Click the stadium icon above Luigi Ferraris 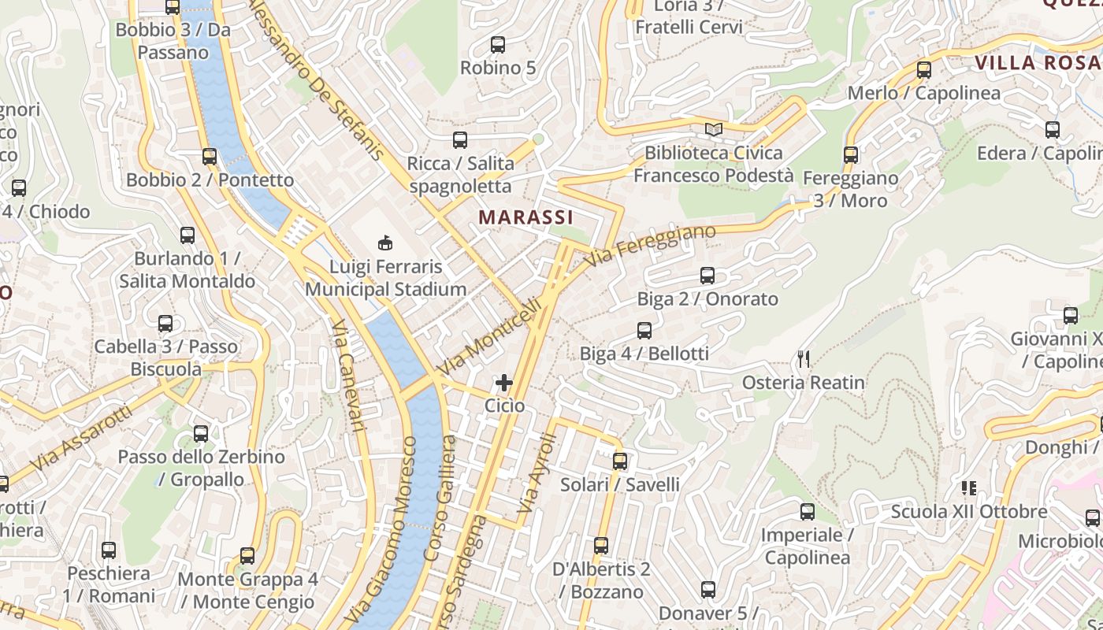(385, 243)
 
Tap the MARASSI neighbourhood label (526, 217)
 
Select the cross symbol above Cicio (504, 383)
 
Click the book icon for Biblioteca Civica (714, 129)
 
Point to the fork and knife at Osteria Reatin (804, 359)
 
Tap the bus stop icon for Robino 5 (498, 45)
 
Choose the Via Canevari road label (346, 376)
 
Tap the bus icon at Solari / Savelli (620, 461)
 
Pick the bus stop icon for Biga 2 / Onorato (707, 276)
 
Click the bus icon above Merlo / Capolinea (924, 69)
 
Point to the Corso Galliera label (440, 498)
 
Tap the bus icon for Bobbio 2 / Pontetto (210, 157)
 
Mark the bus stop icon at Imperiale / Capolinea (808, 512)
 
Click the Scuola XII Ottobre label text (969, 512)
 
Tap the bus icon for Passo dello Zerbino (201, 433)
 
